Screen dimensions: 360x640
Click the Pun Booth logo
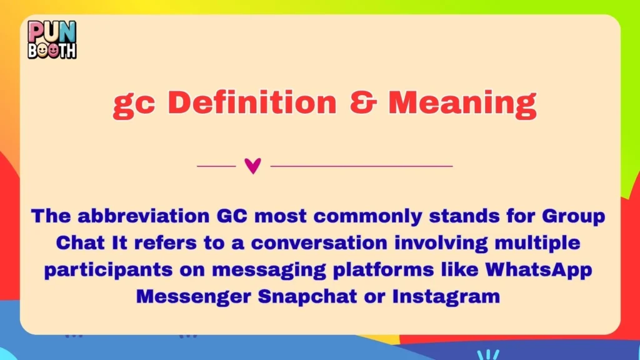click(52, 39)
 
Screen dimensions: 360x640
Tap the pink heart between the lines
click(252, 166)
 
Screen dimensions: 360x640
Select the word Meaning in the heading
click(462, 103)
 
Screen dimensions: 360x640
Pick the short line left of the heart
click(216, 166)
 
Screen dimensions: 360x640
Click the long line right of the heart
click(361, 166)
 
